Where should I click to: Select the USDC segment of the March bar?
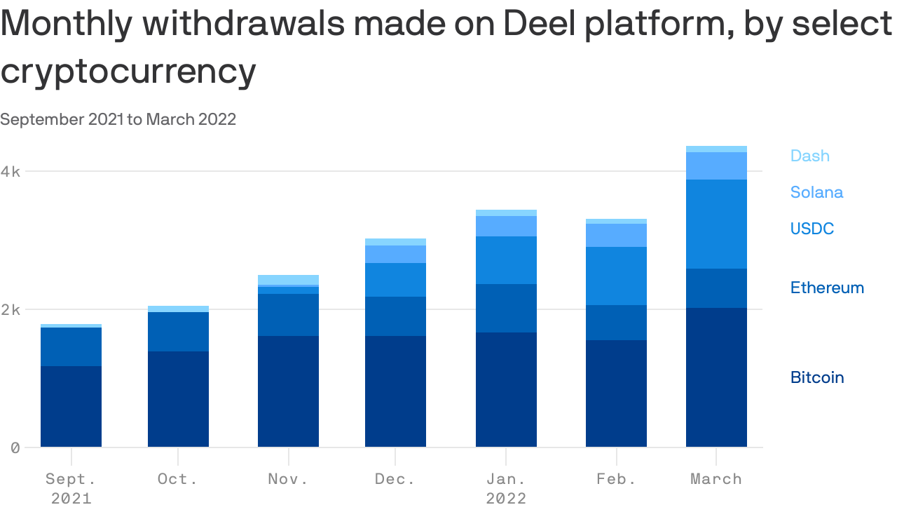coord(716,224)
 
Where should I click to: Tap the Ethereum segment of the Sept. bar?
coord(71,346)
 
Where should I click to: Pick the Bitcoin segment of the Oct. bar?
coord(178,399)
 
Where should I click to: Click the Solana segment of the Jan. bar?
coord(506,226)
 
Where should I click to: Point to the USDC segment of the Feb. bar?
coord(616,276)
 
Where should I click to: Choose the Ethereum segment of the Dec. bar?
coord(395,316)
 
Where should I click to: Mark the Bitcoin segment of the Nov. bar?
coord(288,391)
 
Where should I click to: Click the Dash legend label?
coord(809,156)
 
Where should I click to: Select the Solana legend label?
coord(816,192)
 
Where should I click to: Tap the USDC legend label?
coord(812,229)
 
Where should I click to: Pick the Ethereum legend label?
coord(827,288)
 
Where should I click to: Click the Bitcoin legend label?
coord(817,377)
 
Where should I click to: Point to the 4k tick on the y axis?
coord(11,171)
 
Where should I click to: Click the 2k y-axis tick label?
coord(11,309)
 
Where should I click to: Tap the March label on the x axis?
coord(715,479)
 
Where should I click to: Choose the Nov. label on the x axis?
coord(288,479)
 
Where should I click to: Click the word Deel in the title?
coord(544,24)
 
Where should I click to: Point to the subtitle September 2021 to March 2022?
coord(118,119)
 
